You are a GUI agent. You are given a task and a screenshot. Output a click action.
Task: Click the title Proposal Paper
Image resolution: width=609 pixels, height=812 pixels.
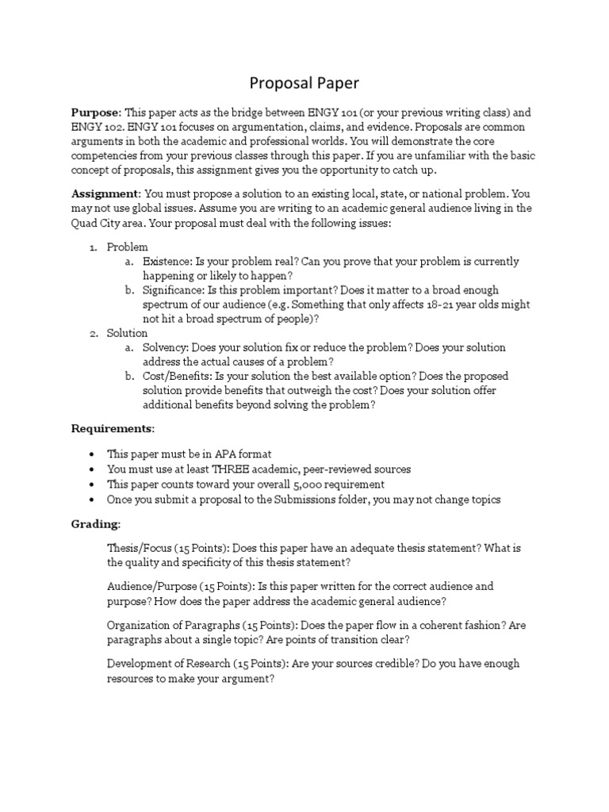click(304, 82)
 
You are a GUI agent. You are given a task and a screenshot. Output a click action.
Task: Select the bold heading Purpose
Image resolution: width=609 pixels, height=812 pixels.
click(94, 113)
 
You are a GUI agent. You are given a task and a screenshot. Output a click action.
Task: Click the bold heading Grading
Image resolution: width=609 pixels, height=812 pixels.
click(96, 524)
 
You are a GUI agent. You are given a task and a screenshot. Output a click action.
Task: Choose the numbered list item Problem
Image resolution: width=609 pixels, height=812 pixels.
click(127, 247)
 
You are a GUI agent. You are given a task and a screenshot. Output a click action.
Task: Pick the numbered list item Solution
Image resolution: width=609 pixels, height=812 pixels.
click(127, 333)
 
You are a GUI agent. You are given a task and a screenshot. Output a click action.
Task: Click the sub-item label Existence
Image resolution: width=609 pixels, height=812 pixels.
click(167, 262)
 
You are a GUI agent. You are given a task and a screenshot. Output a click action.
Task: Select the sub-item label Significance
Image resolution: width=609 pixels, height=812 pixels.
click(173, 290)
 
